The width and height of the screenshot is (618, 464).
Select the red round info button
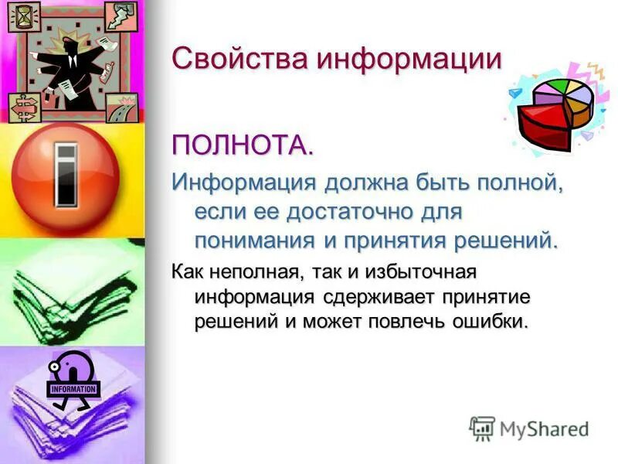pyautogui.click(x=65, y=174)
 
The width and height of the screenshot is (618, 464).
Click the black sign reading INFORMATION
pyautogui.click(x=73, y=389)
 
